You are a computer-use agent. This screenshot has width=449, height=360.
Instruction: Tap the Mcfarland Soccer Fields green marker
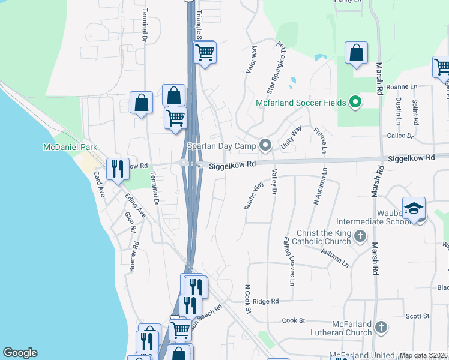tap(355, 103)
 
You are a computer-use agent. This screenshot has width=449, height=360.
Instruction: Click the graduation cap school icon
tap(414, 208)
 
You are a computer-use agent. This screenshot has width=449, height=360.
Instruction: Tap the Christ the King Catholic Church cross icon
tap(360, 236)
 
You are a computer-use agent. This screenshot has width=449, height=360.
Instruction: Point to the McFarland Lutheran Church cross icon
tap(380, 327)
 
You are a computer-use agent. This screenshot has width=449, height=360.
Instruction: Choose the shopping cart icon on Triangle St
tap(205, 53)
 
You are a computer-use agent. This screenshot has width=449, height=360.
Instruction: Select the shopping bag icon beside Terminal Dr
tap(142, 103)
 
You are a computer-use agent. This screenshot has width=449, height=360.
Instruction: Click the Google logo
tap(20, 353)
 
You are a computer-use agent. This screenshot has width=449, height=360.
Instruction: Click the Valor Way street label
tap(252, 59)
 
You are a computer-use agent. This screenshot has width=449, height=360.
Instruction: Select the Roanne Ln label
tap(402, 86)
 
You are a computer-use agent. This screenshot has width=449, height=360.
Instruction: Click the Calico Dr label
tap(402, 136)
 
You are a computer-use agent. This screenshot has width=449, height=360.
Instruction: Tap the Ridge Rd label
tap(266, 301)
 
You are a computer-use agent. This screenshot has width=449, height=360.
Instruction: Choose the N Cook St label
tap(247, 298)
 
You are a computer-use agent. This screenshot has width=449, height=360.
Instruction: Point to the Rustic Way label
tap(254, 195)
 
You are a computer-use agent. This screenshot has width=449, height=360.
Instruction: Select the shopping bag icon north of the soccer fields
tap(357, 53)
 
